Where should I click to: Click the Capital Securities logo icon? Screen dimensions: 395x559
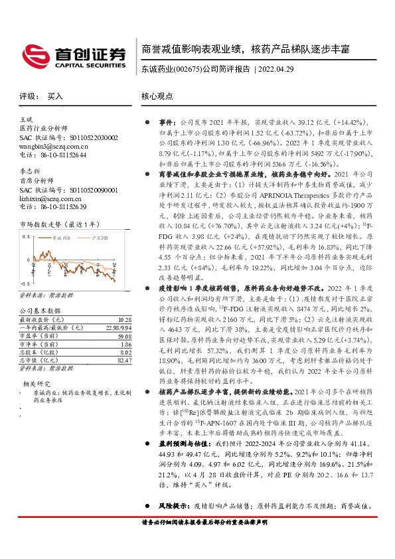33,54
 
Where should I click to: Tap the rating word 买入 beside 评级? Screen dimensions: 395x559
55,96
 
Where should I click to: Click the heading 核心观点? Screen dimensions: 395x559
157,96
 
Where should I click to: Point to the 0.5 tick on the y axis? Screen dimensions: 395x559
26,236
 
